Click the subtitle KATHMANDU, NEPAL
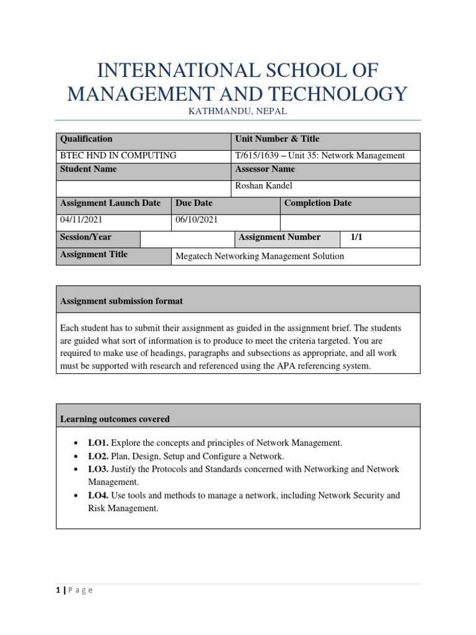click(x=238, y=111)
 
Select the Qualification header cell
click(x=86, y=139)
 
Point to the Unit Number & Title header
click(x=277, y=139)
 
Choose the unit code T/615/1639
click(x=257, y=156)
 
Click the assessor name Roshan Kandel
click(x=263, y=185)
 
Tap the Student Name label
click(x=88, y=169)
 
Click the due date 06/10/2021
click(x=196, y=220)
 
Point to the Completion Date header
click(x=318, y=203)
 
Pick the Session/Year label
click(x=86, y=237)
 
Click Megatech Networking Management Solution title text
click(x=260, y=255)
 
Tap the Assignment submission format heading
click(x=121, y=301)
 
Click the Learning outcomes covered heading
click(x=115, y=419)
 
